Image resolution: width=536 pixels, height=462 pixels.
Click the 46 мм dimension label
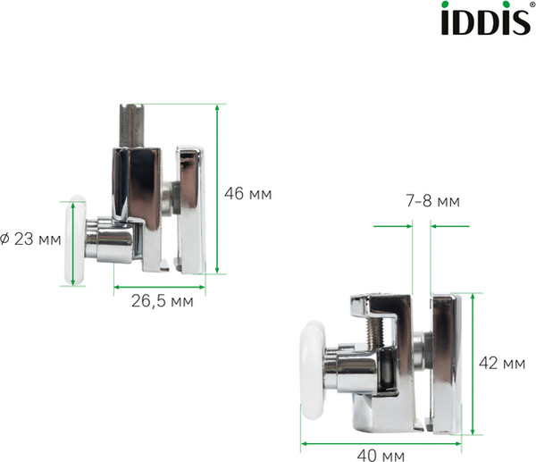tap(247, 193)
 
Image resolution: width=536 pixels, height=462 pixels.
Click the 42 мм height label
tap(501, 363)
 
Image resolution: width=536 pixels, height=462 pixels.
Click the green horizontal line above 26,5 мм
tap(159, 287)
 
